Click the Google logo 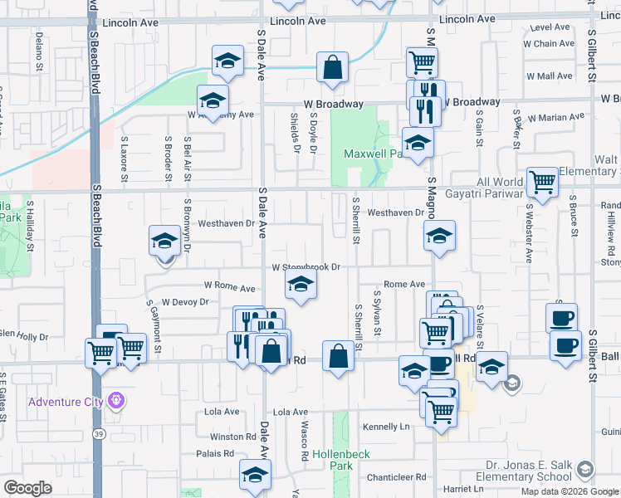point(27,488)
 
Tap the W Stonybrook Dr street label point(307,267)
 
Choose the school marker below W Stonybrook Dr point(301,287)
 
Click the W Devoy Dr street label point(184,302)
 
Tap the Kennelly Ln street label point(387,427)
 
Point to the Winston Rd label point(233,437)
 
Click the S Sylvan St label point(377,314)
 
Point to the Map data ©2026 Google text point(569,491)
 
